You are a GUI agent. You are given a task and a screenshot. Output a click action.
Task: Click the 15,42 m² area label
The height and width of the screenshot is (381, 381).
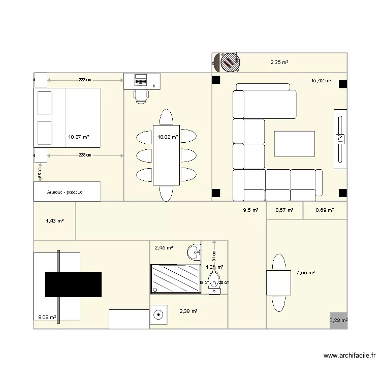point(321,80)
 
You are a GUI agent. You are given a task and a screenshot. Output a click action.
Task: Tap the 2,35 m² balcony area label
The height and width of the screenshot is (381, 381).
point(279,62)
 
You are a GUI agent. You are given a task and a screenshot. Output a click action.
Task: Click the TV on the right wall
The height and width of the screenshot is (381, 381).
point(340,138)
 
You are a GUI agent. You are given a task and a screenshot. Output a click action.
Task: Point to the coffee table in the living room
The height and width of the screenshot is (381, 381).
point(295,144)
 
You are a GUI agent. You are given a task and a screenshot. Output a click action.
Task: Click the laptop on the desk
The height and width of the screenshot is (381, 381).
point(140,80)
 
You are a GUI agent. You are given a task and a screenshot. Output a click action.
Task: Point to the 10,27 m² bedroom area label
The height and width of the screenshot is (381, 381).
point(79,137)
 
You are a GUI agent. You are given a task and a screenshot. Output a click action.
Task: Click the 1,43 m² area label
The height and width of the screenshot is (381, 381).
point(54,221)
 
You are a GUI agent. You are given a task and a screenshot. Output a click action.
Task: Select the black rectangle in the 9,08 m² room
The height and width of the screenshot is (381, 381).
point(73,284)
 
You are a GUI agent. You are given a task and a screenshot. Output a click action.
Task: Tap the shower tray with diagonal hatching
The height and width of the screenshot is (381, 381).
point(175,278)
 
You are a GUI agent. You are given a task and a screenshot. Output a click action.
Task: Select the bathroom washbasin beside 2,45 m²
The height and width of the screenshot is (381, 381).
point(193,251)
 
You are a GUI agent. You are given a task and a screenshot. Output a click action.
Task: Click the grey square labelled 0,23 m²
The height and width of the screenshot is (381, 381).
point(338,320)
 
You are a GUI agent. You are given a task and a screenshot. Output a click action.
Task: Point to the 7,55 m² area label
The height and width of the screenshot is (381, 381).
point(305,273)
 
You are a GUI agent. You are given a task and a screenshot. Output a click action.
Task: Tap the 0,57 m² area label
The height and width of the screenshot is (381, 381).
point(284,210)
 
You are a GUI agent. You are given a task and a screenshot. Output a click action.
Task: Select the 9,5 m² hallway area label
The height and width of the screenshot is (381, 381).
point(250,210)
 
